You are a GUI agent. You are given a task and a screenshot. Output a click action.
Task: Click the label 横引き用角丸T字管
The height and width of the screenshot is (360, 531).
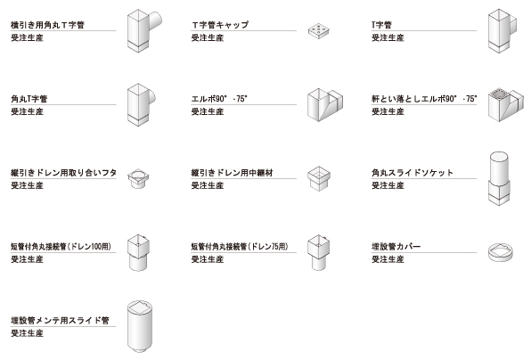pos(47,25)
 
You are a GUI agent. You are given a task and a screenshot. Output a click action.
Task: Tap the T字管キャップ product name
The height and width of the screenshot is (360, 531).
pos(220,25)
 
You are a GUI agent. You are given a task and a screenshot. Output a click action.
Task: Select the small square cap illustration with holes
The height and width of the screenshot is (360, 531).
pos(319,31)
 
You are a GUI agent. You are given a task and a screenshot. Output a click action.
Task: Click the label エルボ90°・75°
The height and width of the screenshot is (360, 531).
pos(219,99)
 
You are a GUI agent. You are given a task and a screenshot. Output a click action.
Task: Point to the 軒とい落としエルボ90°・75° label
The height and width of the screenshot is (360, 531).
pos(424,99)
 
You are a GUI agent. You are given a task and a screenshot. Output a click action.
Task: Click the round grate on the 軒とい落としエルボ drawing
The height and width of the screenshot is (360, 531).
pos(500,93)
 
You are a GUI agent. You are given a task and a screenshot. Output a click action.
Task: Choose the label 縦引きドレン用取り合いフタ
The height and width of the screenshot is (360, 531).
pos(63,173)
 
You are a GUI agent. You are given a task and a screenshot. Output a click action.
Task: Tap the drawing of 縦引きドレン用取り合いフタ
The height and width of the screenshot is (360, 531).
pos(138,178)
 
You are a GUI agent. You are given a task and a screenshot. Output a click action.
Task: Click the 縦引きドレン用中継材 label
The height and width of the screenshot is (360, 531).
pos(232,173)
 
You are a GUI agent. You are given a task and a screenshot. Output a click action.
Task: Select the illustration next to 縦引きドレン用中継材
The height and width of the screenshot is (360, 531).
pos(319,178)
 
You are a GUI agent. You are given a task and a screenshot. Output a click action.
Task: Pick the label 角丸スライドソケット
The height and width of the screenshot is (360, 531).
pos(413,173)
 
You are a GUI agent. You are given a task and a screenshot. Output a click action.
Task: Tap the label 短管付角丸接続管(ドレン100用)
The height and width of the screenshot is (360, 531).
pos(61,247)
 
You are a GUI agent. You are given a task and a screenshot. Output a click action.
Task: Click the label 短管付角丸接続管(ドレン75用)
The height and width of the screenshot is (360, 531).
pos(240,247)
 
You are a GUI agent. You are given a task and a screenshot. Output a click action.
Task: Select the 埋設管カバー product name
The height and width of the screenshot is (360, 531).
pos(396,247)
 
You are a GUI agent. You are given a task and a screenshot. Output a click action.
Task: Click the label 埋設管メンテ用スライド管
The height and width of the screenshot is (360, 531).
pos(60,321)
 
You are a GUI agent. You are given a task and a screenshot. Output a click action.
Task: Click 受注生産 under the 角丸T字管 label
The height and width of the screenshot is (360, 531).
pos(27,111)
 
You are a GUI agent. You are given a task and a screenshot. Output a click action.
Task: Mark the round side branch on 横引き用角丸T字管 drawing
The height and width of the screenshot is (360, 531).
pos(155,21)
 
